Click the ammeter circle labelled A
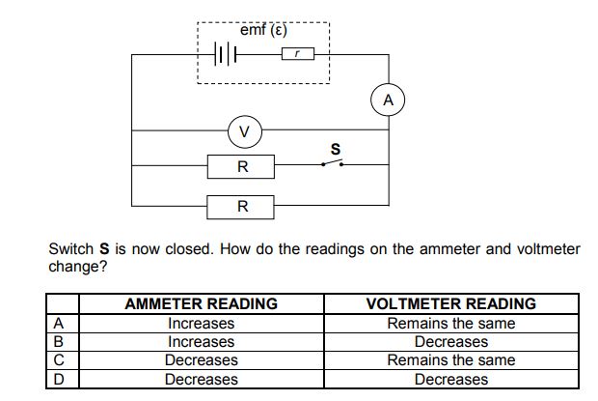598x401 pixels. click(x=387, y=100)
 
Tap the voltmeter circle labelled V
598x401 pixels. click(x=244, y=130)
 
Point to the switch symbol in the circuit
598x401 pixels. click(x=332, y=164)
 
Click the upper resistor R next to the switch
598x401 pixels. click(x=241, y=166)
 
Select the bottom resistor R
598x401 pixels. click(x=241, y=206)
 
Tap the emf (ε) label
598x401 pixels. click(x=263, y=30)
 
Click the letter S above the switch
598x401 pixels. click(x=336, y=149)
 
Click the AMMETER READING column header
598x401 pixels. click(x=201, y=303)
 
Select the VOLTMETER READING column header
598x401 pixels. click(x=450, y=303)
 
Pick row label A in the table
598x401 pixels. click(x=59, y=323)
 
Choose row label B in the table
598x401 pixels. click(x=59, y=341)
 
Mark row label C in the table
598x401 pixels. click(x=59, y=359)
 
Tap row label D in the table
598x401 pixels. click(x=59, y=379)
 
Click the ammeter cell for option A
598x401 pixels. click(x=201, y=323)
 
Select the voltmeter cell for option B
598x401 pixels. click(x=450, y=341)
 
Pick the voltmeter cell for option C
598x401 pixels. click(x=450, y=359)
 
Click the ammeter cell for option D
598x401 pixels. click(x=201, y=379)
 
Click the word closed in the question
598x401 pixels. click(x=190, y=248)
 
